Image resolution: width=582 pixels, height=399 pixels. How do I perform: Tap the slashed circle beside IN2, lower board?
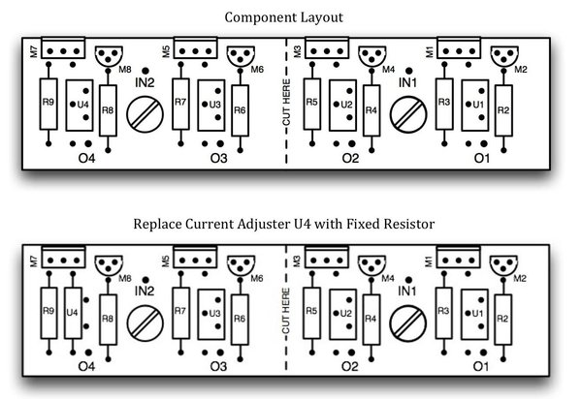point(146,321)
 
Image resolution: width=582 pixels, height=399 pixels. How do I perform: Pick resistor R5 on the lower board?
point(311,312)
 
